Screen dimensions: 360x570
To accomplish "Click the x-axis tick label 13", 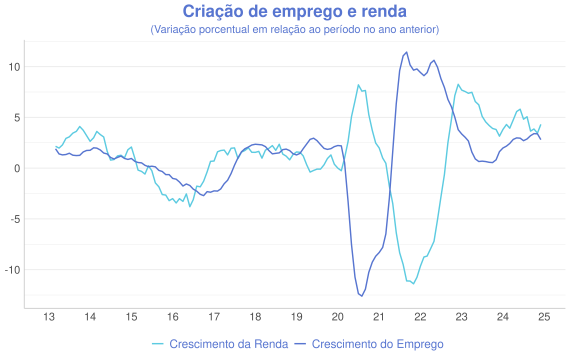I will coord(48,317).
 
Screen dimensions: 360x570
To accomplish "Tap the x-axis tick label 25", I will coord(545,317).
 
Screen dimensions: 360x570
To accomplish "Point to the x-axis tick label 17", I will coord(214,317).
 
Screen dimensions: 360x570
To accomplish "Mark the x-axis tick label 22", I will coord(421,317).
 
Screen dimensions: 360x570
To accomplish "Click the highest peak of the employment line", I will coord(405,53).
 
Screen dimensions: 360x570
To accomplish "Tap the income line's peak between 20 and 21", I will coord(358,85).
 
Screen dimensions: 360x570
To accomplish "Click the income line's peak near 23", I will coord(458,85).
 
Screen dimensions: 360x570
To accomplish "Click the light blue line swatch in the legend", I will coord(157,344).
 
